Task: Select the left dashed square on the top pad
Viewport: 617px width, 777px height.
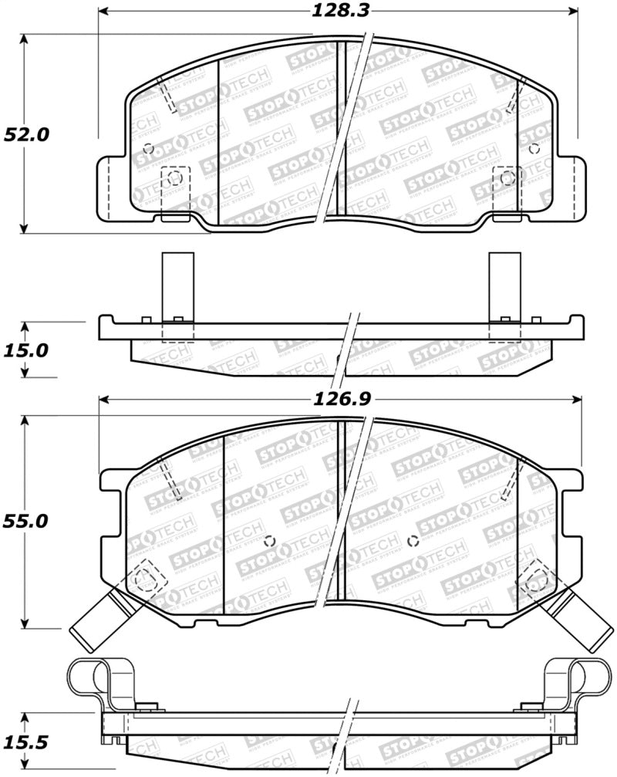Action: tap(174, 180)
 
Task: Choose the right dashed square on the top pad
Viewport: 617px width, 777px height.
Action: tap(507, 180)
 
